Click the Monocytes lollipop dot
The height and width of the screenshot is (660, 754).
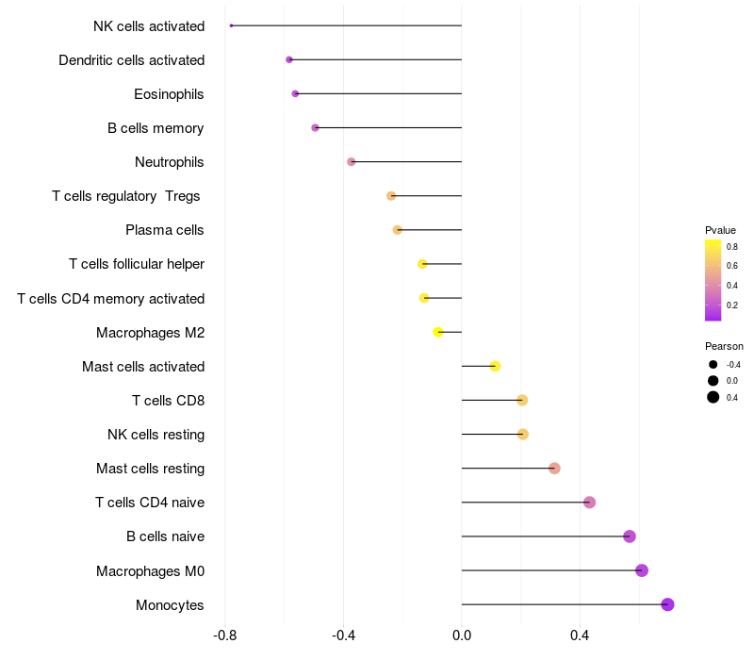[667, 604]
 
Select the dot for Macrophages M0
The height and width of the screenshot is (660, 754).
[642, 570]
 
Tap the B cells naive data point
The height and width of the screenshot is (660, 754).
[630, 536]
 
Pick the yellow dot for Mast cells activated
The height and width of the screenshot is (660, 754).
[495, 366]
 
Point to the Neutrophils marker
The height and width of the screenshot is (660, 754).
[352, 161]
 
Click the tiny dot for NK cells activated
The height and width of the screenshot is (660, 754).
[231, 25]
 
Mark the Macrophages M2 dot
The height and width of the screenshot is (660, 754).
[438, 332]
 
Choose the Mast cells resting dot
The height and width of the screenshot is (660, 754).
[554, 469]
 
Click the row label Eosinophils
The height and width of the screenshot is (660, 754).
[169, 94]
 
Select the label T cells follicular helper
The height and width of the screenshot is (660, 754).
[137, 264]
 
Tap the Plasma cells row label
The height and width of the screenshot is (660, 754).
[165, 230]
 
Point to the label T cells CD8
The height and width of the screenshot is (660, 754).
[168, 401]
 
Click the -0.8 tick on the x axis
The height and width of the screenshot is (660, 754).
[225, 636]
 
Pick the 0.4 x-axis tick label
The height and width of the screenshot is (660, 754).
[580, 636]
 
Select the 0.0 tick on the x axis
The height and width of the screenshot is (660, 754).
[462, 636]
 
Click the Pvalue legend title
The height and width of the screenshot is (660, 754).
[720, 230]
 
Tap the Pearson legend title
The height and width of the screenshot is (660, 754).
[724, 346]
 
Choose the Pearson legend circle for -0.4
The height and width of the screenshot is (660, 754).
[713, 364]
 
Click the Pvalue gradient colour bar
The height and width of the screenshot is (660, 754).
[713, 280]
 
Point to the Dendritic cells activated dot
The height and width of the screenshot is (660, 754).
[289, 59]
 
